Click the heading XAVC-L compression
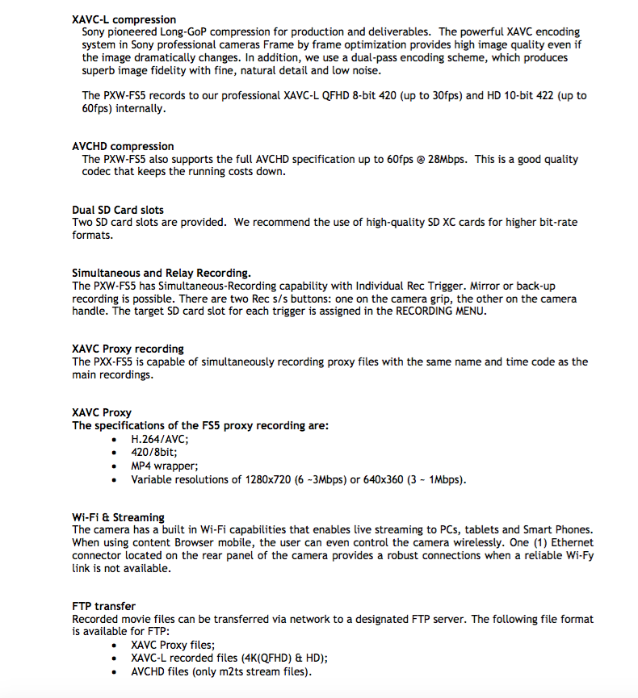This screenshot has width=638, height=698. point(124,19)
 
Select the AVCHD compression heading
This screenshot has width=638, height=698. point(123,146)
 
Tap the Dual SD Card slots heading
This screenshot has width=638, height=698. point(118,210)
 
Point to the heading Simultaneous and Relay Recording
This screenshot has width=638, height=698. point(162,273)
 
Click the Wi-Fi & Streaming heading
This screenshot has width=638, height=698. point(118,517)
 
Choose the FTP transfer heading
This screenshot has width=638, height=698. point(104,606)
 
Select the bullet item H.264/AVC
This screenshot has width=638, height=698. point(159,439)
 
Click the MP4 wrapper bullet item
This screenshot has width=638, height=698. point(164,466)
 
